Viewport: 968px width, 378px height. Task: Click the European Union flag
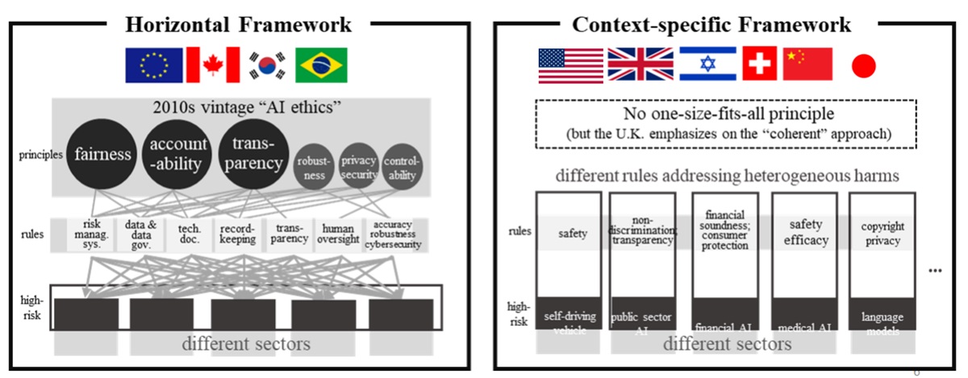(x=153, y=64)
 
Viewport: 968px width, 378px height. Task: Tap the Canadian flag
(x=213, y=64)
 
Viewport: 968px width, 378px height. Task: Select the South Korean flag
(x=266, y=64)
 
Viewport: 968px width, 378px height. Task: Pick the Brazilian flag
(x=321, y=64)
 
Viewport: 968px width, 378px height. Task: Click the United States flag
(x=570, y=65)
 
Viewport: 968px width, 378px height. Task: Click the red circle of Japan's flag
(x=863, y=66)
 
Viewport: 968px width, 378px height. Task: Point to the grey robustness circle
(x=314, y=167)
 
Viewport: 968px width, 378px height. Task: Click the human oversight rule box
(x=337, y=233)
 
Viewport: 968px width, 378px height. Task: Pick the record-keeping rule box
(x=238, y=233)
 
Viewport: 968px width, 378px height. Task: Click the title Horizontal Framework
(x=238, y=24)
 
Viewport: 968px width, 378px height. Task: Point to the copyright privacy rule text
(x=882, y=233)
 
